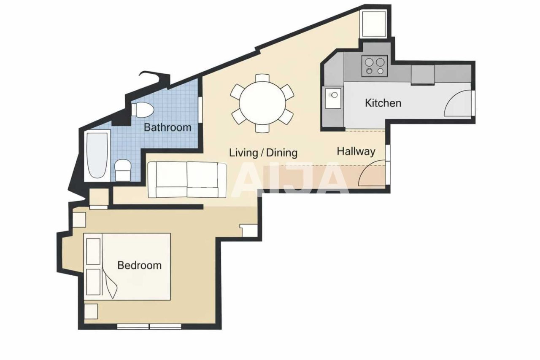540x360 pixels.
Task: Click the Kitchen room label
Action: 383,103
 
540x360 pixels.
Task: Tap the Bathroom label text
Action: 167,127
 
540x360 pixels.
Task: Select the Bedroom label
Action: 139,265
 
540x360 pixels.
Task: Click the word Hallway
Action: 356,152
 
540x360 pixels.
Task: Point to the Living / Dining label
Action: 263,153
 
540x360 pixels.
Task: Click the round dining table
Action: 262,103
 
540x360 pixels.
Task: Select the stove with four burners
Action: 375,66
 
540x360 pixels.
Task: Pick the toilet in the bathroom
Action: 142,110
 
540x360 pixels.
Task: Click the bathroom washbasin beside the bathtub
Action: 124,170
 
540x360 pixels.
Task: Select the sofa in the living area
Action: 187,180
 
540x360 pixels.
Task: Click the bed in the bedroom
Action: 127,266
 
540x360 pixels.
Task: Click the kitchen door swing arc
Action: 457,105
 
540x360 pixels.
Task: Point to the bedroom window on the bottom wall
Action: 149,326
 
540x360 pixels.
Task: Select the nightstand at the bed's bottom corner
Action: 91,311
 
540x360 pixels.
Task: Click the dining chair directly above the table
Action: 262,78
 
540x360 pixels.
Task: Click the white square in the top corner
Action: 374,24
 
